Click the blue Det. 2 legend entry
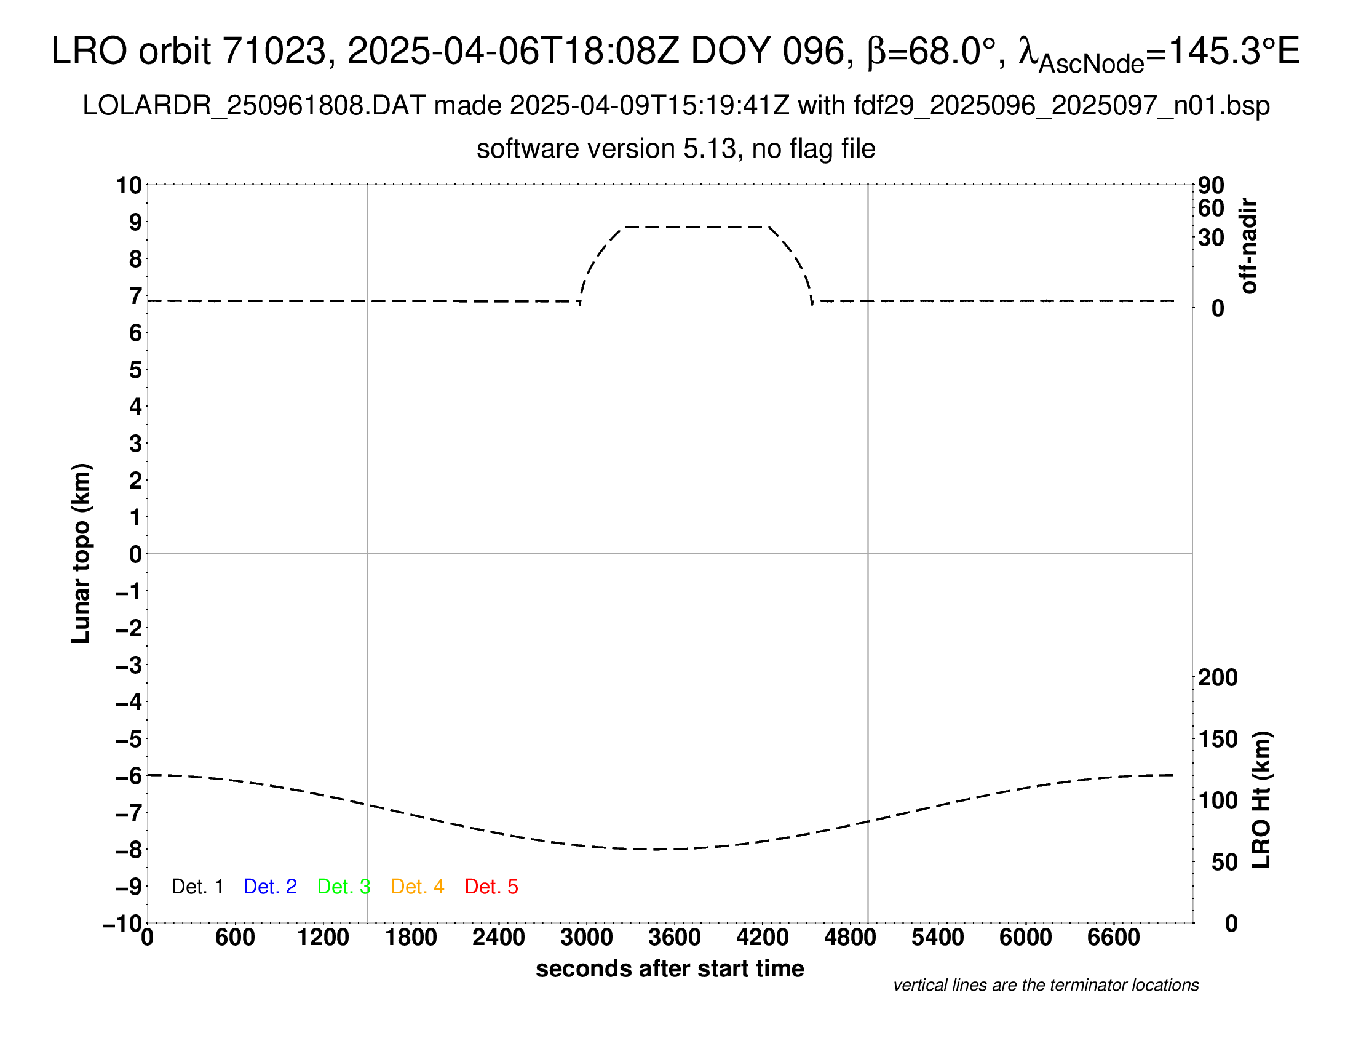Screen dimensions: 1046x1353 (x=270, y=887)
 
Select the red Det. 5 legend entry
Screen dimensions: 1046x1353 (x=491, y=887)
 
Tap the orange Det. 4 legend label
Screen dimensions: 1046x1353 (x=418, y=887)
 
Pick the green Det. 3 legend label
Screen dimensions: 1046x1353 (x=344, y=887)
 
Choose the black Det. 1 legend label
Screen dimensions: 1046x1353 (x=197, y=887)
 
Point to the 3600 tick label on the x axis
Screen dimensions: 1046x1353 (x=675, y=938)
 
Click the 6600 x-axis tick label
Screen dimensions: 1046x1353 (x=1113, y=938)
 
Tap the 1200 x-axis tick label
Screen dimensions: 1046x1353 (x=323, y=938)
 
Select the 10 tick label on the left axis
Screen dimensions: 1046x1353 (x=130, y=185)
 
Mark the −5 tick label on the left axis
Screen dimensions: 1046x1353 (x=129, y=739)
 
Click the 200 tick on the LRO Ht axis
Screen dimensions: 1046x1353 (x=1218, y=678)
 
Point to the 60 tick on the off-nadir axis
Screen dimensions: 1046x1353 (x=1211, y=208)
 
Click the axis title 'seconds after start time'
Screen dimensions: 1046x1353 (x=670, y=969)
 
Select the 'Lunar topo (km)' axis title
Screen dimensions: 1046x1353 (x=81, y=553)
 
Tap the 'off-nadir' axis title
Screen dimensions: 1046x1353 (x=1248, y=246)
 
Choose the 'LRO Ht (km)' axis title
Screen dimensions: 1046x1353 (x=1261, y=800)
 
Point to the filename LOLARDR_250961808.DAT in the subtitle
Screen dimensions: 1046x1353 (x=254, y=106)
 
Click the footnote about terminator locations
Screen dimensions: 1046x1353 (x=1045, y=985)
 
